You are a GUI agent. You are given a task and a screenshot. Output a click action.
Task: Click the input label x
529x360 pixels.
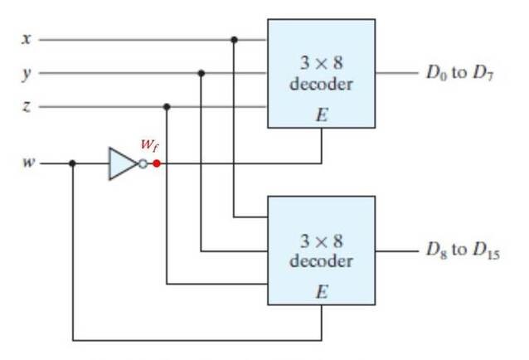(x=27, y=39)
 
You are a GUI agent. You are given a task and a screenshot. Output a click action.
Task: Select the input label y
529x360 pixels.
(x=27, y=74)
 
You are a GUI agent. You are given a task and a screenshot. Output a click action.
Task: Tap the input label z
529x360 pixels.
(x=27, y=107)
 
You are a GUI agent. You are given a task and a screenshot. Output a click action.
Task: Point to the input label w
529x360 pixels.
(x=29, y=163)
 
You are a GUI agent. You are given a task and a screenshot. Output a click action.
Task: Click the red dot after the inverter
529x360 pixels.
(x=157, y=163)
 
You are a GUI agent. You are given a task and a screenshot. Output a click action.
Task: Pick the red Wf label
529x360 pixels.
(x=149, y=145)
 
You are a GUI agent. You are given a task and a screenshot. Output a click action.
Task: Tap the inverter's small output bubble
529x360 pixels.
(x=143, y=164)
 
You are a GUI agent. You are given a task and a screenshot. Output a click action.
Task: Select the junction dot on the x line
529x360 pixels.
(x=234, y=40)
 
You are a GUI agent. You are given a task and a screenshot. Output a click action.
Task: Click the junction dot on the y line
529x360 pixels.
(x=201, y=73)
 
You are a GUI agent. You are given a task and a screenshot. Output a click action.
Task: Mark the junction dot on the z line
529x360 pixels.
(x=167, y=107)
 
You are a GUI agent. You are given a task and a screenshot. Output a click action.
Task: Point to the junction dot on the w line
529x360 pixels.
(x=72, y=163)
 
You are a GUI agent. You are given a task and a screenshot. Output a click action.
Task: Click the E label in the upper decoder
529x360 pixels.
(x=322, y=114)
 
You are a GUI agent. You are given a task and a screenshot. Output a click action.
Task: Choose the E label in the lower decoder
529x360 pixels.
(x=322, y=291)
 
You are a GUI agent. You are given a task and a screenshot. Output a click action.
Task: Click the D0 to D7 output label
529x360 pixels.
(x=460, y=72)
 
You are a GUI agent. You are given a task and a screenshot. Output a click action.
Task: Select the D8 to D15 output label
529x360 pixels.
(x=463, y=251)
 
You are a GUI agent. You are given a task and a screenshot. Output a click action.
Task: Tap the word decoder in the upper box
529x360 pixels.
(x=321, y=84)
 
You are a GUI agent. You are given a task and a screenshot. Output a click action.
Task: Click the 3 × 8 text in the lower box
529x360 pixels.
(x=322, y=241)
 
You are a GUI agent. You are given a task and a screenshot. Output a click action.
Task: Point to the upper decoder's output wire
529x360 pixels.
(x=396, y=72)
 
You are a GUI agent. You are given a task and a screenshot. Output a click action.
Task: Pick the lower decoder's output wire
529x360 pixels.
(x=396, y=251)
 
